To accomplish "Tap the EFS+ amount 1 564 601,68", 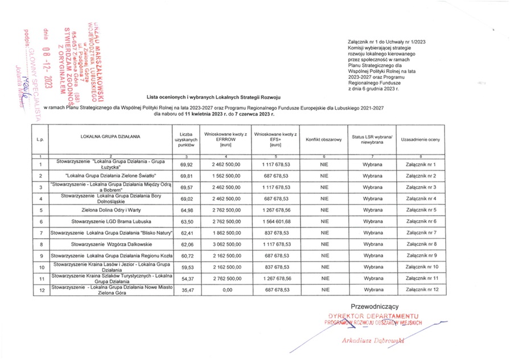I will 275,221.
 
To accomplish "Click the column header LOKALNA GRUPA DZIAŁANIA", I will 111,137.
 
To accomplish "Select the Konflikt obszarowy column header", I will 323,139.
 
